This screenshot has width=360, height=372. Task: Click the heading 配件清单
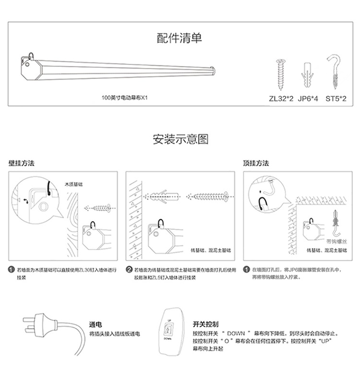(180, 38)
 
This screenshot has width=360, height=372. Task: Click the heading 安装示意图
(180, 140)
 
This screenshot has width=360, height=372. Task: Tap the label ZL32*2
(280, 99)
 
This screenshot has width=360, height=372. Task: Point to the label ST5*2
(336, 99)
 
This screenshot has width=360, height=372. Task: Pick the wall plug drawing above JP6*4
(308, 74)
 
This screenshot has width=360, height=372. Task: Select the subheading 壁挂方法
(22, 163)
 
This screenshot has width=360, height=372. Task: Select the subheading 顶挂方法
(256, 163)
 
